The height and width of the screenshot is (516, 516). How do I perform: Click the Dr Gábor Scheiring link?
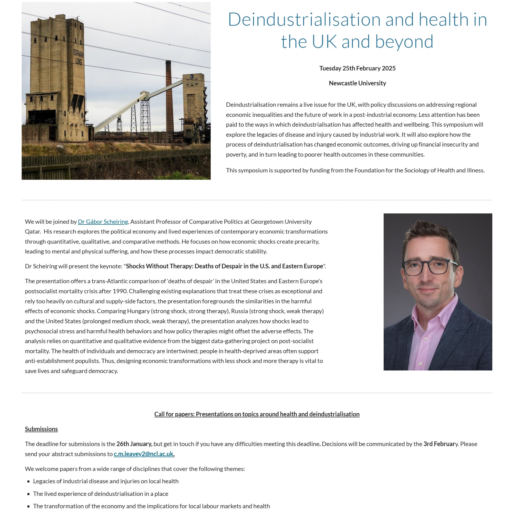click(103, 222)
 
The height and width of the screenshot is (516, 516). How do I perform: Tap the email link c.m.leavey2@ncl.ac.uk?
click(144, 454)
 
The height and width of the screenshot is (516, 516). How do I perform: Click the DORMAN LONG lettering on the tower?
click(78, 58)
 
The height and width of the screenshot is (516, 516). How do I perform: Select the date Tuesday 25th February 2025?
click(357, 68)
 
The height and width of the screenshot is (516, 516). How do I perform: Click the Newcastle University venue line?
click(357, 83)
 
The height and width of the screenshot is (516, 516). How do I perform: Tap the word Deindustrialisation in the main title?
click(304, 20)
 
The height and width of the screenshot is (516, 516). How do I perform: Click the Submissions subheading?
click(41, 429)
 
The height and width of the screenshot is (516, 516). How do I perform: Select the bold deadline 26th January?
click(134, 444)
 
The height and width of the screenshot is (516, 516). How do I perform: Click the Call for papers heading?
click(257, 414)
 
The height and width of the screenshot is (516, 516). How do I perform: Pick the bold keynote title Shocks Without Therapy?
click(224, 266)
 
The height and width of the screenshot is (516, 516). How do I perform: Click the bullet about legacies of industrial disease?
click(106, 481)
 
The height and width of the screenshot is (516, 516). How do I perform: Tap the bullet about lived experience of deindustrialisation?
click(101, 494)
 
